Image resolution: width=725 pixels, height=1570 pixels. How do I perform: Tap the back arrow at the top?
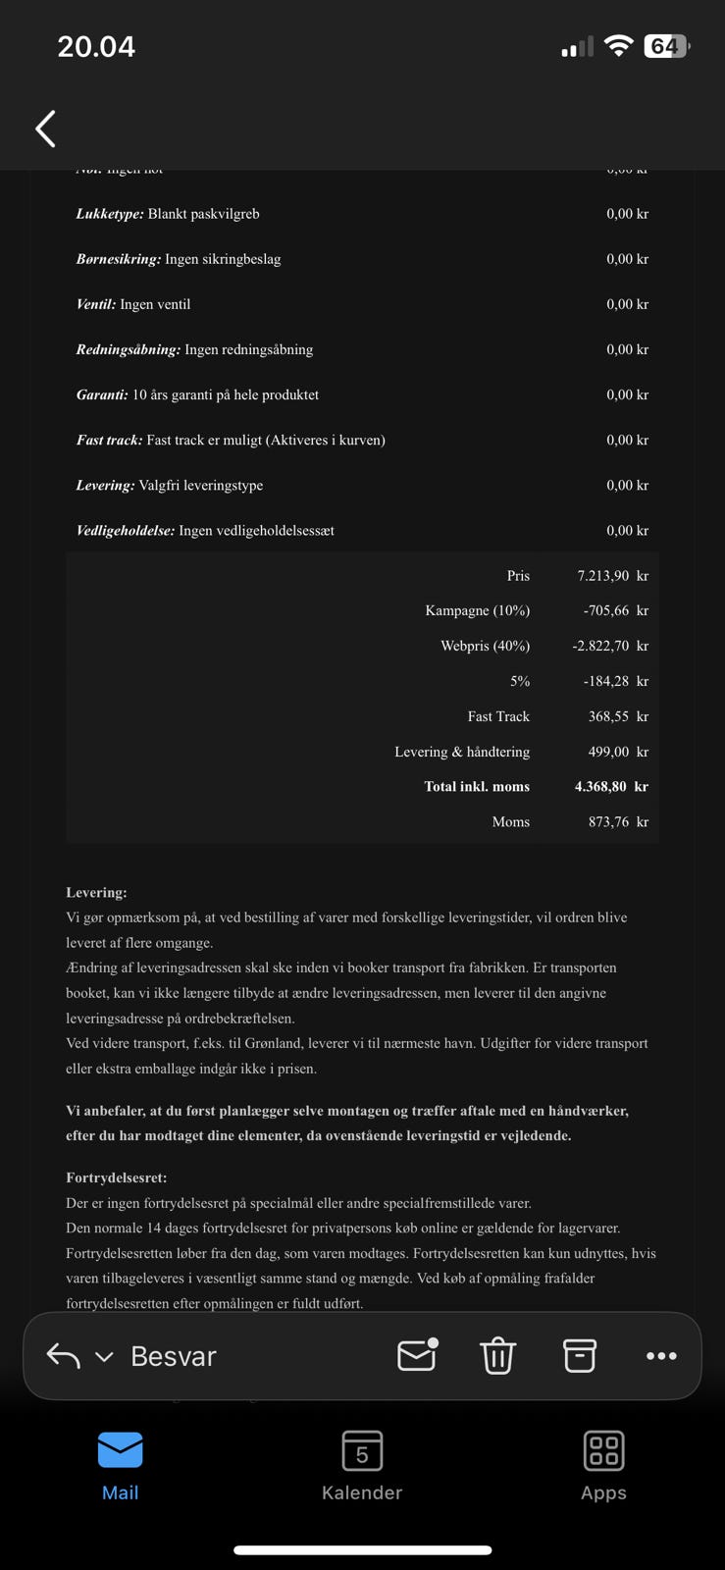[x=45, y=129]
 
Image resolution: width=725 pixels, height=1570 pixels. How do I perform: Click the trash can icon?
[x=497, y=1356]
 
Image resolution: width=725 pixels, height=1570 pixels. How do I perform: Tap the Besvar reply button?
[x=173, y=1356]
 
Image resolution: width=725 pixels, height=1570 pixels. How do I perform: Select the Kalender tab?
[x=362, y=1465]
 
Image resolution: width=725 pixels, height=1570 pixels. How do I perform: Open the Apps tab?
[x=603, y=1465]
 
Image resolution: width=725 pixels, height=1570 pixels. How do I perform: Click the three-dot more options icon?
[x=661, y=1356]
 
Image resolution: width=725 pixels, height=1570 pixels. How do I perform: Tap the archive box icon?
[x=579, y=1356]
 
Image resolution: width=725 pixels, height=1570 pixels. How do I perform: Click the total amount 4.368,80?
[x=600, y=786]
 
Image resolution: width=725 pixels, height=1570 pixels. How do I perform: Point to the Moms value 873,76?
[x=608, y=821]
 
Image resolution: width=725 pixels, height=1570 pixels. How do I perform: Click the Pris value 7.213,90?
[x=602, y=576]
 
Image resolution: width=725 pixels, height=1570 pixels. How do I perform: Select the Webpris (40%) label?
[x=485, y=646]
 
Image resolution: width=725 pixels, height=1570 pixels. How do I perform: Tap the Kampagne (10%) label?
[x=477, y=610]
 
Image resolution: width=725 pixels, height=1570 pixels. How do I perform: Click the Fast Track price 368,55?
[x=608, y=716]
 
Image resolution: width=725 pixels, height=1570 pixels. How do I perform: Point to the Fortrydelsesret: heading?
[x=116, y=1177]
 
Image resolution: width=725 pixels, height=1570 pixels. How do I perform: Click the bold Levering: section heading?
[x=96, y=893]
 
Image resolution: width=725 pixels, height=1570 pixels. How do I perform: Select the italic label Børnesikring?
[x=118, y=259]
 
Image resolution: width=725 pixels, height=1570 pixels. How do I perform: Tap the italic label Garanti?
[x=102, y=394]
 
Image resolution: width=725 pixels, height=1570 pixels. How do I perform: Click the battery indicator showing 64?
[x=666, y=46]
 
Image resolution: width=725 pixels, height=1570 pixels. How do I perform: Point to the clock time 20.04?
[x=96, y=46]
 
